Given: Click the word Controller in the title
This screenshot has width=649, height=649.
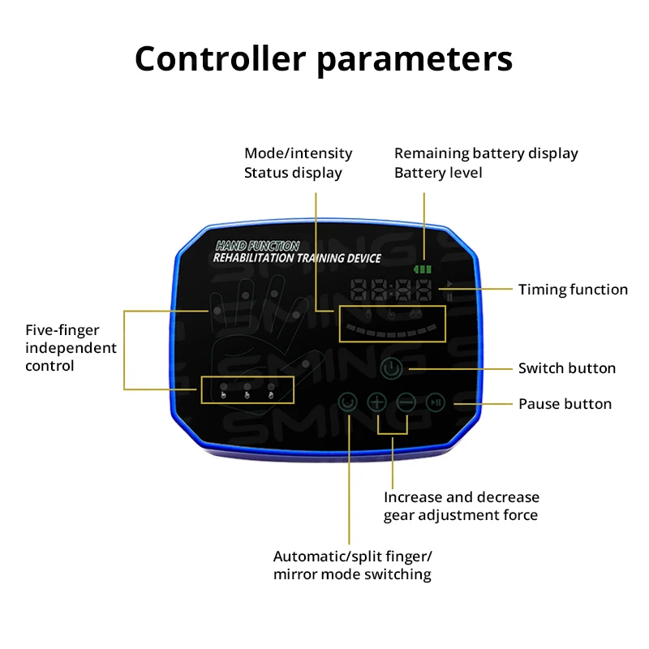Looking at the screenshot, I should (221, 59).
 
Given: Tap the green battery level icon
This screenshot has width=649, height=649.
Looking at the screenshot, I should (423, 269).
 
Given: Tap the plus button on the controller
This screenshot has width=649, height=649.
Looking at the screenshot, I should (377, 401).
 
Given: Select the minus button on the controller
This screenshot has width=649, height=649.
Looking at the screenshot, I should (406, 401).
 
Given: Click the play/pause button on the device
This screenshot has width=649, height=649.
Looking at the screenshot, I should (436, 401).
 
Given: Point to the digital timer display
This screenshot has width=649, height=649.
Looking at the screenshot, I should (393, 289).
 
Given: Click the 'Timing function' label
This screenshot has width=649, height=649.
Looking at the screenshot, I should (573, 289).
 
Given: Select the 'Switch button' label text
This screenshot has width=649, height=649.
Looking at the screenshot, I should (566, 368).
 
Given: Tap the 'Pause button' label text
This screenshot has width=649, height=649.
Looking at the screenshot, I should (565, 404).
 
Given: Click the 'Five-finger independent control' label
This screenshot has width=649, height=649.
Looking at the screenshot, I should (71, 348).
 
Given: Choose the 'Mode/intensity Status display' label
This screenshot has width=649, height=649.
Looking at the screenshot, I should (298, 162).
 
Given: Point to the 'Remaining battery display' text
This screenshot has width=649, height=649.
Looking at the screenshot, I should (485, 153).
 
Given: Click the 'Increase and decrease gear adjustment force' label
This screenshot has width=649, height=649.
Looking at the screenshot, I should (461, 505).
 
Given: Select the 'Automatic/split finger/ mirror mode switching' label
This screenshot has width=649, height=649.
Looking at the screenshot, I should (352, 565).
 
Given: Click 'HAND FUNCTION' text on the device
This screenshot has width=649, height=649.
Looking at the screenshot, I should (258, 245).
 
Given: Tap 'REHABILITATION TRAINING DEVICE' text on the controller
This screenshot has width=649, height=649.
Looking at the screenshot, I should (296, 258).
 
